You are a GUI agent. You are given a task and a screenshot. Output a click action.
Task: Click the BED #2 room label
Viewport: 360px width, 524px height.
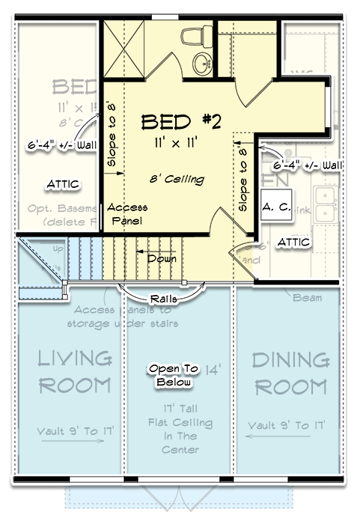pos(180,121)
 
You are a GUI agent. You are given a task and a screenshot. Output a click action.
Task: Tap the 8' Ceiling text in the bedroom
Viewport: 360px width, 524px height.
pos(177,180)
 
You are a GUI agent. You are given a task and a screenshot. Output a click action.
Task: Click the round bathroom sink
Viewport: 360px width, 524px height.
pos(201,63)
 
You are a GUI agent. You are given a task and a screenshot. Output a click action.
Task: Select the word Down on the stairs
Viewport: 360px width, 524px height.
pos(162,259)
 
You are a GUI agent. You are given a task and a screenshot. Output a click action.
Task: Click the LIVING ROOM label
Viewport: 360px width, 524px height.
pos(76,373)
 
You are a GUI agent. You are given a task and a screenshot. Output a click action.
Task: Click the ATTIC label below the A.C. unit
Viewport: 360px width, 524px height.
pos(293,242)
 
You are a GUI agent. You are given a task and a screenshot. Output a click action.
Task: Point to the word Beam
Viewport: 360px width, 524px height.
pos(308,297)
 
